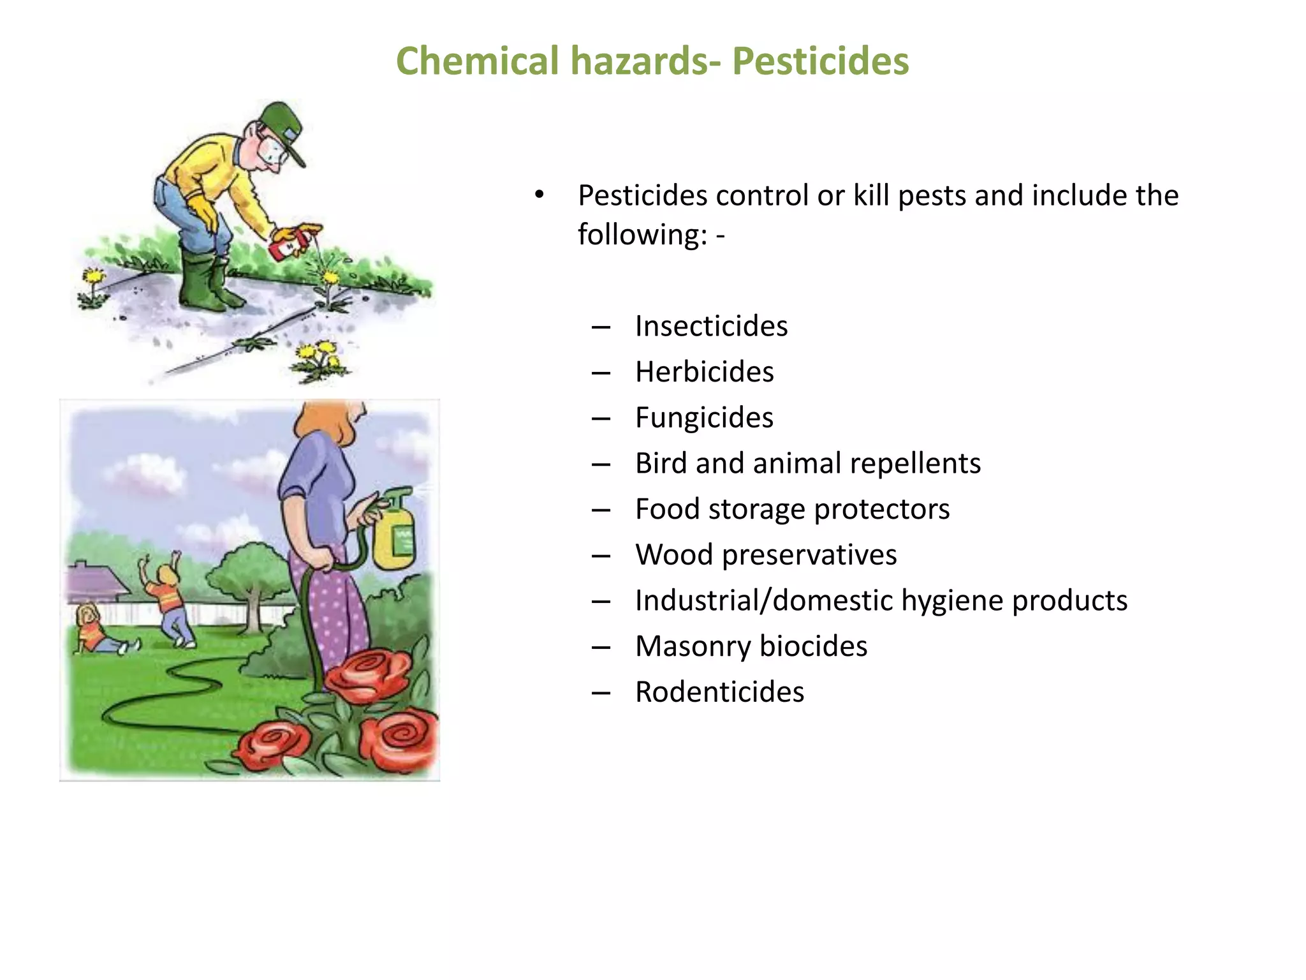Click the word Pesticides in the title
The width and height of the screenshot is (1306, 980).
(x=820, y=61)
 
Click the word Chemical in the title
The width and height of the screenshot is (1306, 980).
(x=477, y=61)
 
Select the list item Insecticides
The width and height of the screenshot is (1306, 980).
(x=711, y=326)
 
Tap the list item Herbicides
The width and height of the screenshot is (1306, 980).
(x=704, y=372)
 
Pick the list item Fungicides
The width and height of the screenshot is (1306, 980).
(x=704, y=418)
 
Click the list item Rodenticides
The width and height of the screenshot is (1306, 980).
(x=719, y=692)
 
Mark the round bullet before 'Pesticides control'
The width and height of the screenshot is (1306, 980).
(x=539, y=195)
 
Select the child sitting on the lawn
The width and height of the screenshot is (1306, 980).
(x=96, y=632)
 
